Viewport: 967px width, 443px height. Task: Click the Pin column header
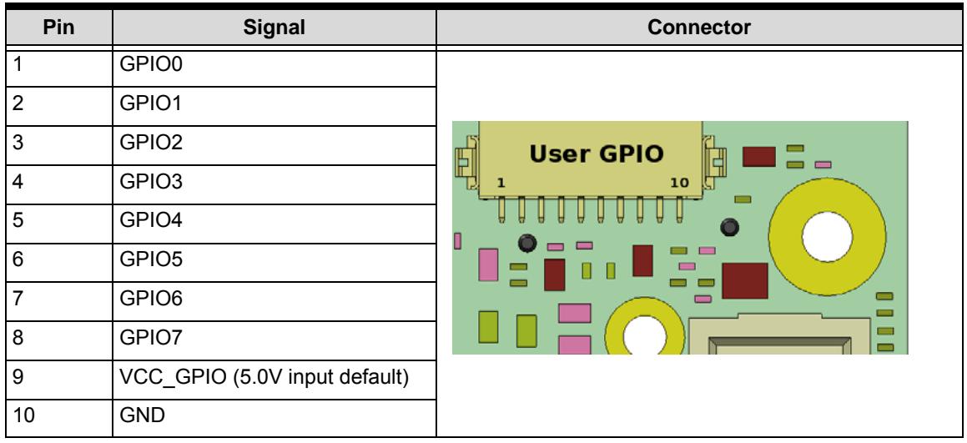tap(58, 28)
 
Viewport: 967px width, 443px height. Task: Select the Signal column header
tap(274, 28)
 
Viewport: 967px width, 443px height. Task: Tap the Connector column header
tap(699, 28)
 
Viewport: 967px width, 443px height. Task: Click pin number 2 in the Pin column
tap(18, 103)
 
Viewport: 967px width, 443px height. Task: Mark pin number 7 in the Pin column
tap(18, 300)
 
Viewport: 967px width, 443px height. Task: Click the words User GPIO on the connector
tap(596, 154)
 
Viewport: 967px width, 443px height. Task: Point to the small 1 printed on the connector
tap(501, 183)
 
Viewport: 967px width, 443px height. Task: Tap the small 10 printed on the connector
tap(679, 183)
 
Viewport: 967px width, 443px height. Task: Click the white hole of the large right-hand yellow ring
tap(827, 236)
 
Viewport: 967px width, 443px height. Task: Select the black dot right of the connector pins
tap(729, 228)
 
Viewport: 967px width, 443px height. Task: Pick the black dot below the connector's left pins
tap(527, 243)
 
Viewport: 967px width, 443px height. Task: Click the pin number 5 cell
tap(18, 221)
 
